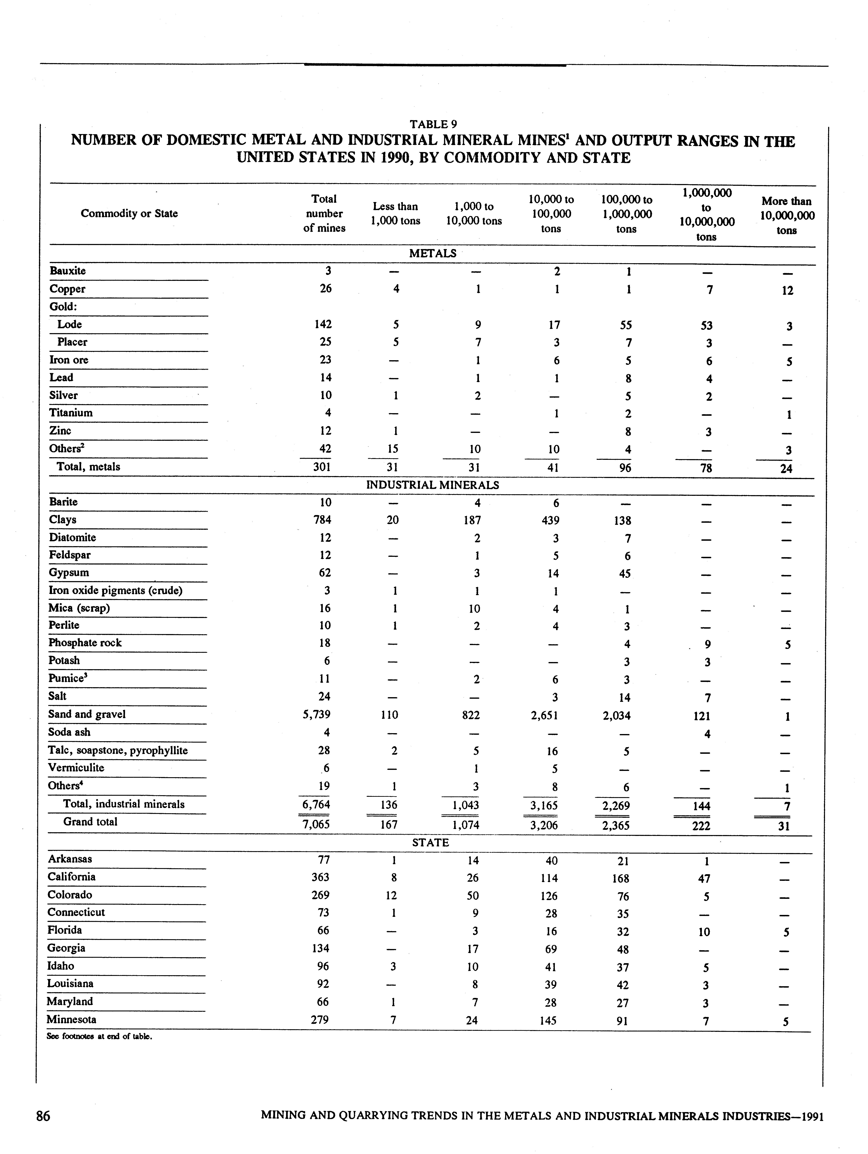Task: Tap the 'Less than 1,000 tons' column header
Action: coord(395,213)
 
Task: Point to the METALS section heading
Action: coord(433,254)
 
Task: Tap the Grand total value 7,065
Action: coord(316,824)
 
